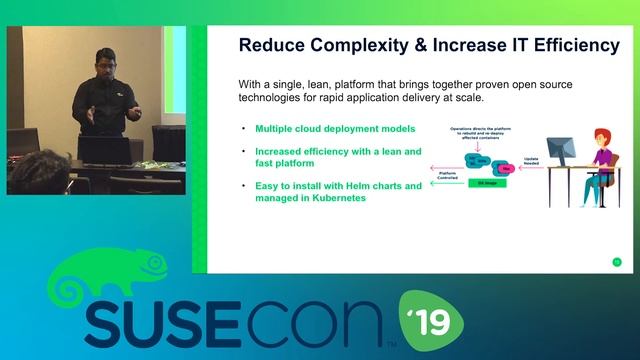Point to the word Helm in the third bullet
pos(356,185)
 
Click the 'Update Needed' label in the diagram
pos(532,163)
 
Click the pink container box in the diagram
pos(508,170)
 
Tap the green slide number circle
pos(616,262)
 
